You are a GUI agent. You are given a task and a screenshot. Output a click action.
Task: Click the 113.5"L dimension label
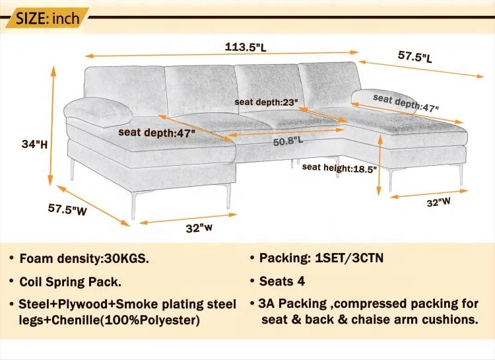[x=246, y=47]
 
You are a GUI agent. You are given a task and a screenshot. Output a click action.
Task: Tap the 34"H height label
[x=31, y=144]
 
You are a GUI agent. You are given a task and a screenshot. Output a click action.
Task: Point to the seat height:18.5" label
[x=339, y=168]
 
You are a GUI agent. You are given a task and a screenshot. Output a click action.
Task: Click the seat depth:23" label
[x=267, y=102]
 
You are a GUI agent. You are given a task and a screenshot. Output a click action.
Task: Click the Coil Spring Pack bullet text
[x=71, y=281]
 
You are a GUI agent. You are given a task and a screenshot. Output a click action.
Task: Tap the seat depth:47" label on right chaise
[x=405, y=102]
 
